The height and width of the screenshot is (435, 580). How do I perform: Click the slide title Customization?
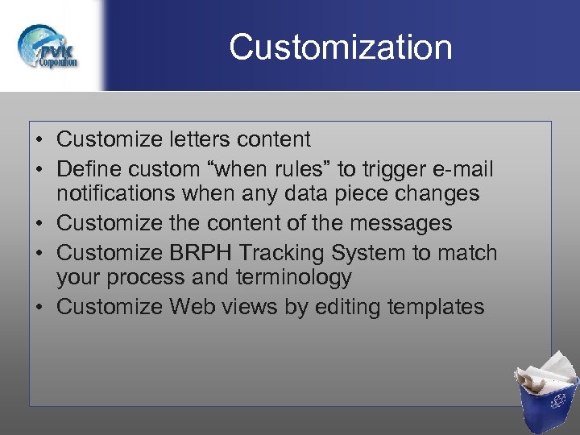pos(340,48)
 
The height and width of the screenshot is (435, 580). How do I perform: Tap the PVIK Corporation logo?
pos(49,47)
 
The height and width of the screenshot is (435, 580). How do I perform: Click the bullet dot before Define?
pos(39,169)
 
